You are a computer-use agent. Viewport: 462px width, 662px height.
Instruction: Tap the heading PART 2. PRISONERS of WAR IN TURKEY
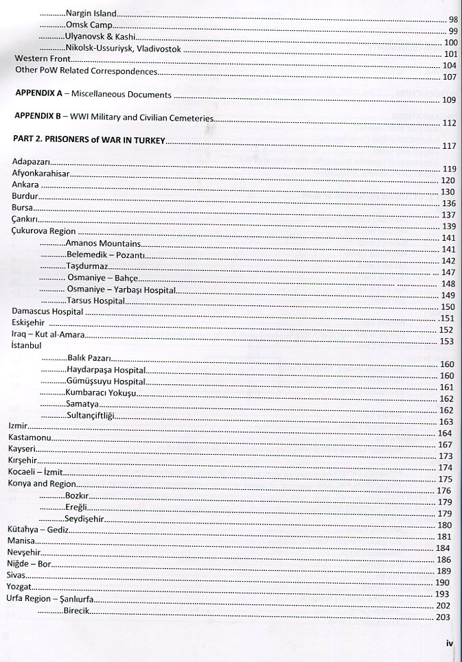tap(90, 140)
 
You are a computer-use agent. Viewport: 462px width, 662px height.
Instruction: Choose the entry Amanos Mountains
tap(104, 244)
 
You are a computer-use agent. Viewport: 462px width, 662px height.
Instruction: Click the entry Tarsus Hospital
tap(95, 300)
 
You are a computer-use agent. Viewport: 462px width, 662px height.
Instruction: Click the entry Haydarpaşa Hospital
tap(106, 369)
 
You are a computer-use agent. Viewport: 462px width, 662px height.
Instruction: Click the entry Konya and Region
tap(42, 484)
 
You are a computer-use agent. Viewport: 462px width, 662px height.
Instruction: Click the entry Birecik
tap(77, 610)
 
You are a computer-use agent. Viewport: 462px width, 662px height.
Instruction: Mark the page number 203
tap(442, 617)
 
